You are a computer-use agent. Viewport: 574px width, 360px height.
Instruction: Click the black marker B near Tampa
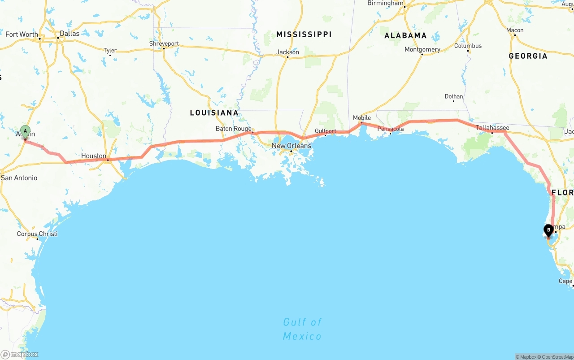click(548, 230)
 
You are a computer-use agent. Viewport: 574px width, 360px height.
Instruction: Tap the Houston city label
click(94, 156)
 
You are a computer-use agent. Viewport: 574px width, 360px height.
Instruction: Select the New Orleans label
click(291, 146)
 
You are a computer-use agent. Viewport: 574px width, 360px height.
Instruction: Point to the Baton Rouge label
click(233, 129)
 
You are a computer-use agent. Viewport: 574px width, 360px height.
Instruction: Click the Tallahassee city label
click(492, 128)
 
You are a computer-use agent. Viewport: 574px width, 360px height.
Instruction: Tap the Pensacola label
click(390, 129)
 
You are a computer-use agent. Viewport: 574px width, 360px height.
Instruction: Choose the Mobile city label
click(362, 118)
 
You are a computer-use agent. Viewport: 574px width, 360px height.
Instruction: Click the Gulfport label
click(325, 131)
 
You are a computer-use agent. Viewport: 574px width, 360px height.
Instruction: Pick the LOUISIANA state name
click(214, 113)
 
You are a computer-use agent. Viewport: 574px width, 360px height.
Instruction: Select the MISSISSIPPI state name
click(304, 34)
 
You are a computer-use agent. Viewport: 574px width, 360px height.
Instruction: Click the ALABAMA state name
click(405, 35)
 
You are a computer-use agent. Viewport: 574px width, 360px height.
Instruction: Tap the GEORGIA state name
click(528, 56)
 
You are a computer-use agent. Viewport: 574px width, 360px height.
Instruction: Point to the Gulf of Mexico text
click(302, 329)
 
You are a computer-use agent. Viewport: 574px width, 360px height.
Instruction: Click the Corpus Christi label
click(37, 234)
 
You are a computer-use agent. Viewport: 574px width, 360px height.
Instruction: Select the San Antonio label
click(19, 178)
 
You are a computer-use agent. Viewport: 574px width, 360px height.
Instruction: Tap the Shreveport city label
click(164, 44)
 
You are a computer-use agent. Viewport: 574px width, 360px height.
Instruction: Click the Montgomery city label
click(422, 49)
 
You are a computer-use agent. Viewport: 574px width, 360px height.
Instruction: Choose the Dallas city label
click(70, 33)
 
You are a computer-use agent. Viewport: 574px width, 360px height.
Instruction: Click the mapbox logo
click(20, 354)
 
